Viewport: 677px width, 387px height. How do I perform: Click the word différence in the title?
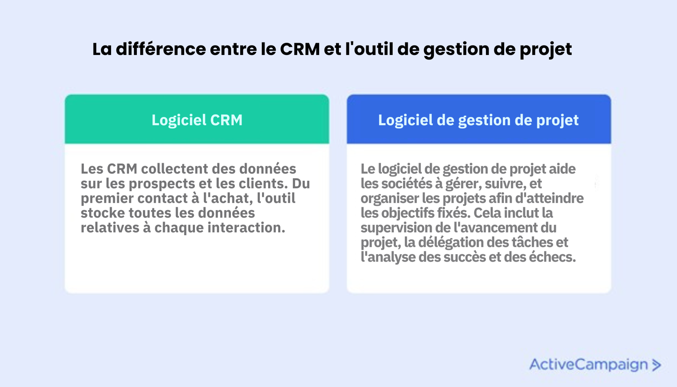click(161, 49)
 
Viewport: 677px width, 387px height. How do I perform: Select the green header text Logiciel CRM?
click(197, 120)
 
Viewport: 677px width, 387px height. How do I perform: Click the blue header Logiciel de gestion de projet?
click(478, 120)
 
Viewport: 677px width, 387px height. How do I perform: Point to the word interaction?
click(246, 227)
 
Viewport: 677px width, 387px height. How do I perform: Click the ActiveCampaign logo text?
click(588, 365)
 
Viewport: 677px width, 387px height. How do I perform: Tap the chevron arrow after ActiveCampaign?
click(656, 365)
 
